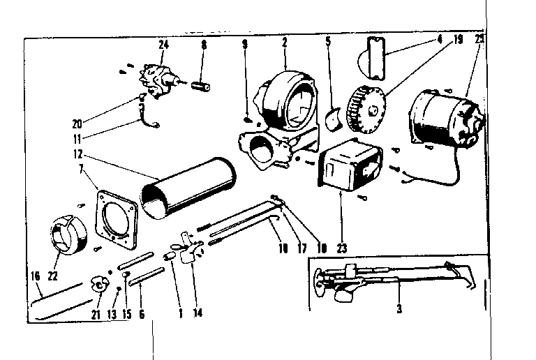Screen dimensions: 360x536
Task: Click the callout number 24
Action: (x=163, y=45)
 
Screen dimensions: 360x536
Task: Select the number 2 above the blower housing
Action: (x=285, y=43)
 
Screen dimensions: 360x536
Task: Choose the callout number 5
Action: (x=327, y=41)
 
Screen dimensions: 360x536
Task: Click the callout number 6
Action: (x=142, y=314)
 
